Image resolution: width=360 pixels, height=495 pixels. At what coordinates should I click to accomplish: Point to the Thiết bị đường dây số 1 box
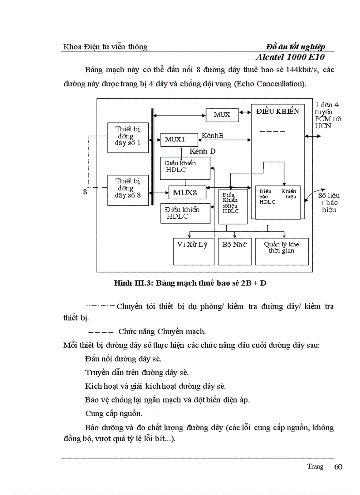tap(128, 137)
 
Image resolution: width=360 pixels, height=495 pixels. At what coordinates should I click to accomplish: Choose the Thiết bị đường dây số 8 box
tap(128, 190)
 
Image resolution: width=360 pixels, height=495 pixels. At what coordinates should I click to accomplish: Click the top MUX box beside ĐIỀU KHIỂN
tap(222, 115)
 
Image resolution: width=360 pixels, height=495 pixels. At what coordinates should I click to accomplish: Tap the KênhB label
tap(213, 135)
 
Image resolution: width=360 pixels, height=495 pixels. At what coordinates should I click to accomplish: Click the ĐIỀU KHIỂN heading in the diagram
tap(277, 112)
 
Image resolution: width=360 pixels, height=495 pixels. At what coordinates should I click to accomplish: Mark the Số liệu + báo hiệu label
tap(329, 202)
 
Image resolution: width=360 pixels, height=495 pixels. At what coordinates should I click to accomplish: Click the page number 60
tap(338, 467)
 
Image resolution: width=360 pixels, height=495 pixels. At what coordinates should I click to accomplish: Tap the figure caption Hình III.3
tap(190, 283)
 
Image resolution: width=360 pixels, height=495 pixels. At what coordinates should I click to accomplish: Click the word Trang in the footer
tap(315, 466)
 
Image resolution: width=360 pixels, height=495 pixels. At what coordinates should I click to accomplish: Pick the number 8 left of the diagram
tap(85, 192)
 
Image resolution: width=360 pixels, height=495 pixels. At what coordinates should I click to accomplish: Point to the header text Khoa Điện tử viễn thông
tap(105, 47)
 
